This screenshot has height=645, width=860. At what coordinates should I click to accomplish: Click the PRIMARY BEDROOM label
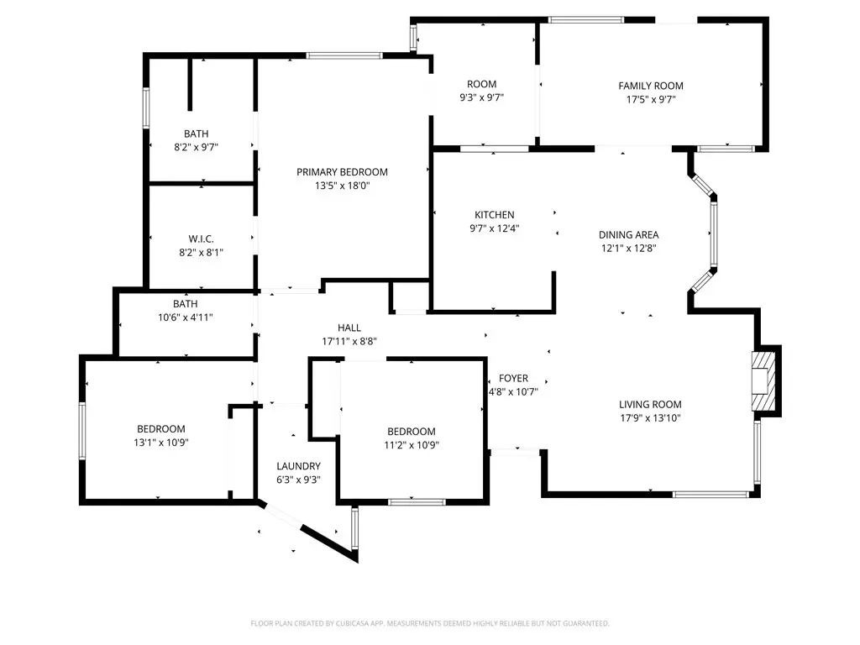(x=343, y=172)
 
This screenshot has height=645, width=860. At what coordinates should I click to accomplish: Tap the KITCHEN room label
(x=494, y=215)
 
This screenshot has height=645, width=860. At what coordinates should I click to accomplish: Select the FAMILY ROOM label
(x=651, y=87)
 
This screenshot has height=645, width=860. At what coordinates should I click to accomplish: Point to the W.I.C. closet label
(x=202, y=239)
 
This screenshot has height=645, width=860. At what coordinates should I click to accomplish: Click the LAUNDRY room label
(x=298, y=466)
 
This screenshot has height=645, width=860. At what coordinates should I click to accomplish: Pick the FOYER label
(x=513, y=379)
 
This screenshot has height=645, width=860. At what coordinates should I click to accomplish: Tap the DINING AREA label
(x=628, y=235)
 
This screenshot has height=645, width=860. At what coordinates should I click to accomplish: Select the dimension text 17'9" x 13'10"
(x=651, y=418)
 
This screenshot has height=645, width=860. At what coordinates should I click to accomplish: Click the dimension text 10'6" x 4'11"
(x=186, y=317)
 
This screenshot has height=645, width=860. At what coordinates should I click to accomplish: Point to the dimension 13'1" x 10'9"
(x=161, y=443)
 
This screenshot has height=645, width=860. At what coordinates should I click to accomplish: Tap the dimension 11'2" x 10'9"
(x=412, y=445)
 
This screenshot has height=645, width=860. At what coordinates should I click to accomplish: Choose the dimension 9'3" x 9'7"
(x=481, y=97)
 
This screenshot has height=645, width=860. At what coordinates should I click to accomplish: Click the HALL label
(x=349, y=328)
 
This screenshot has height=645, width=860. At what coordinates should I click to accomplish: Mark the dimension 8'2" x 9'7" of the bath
(x=197, y=147)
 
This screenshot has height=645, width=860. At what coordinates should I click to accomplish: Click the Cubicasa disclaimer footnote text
(x=430, y=624)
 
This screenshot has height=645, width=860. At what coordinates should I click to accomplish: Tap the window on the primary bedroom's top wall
(x=343, y=55)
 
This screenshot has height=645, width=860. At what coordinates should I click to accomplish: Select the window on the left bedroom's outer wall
(x=82, y=431)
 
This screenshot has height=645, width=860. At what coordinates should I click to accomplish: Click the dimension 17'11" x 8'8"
(x=349, y=342)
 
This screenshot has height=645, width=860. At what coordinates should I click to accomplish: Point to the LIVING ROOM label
(x=651, y=405)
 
